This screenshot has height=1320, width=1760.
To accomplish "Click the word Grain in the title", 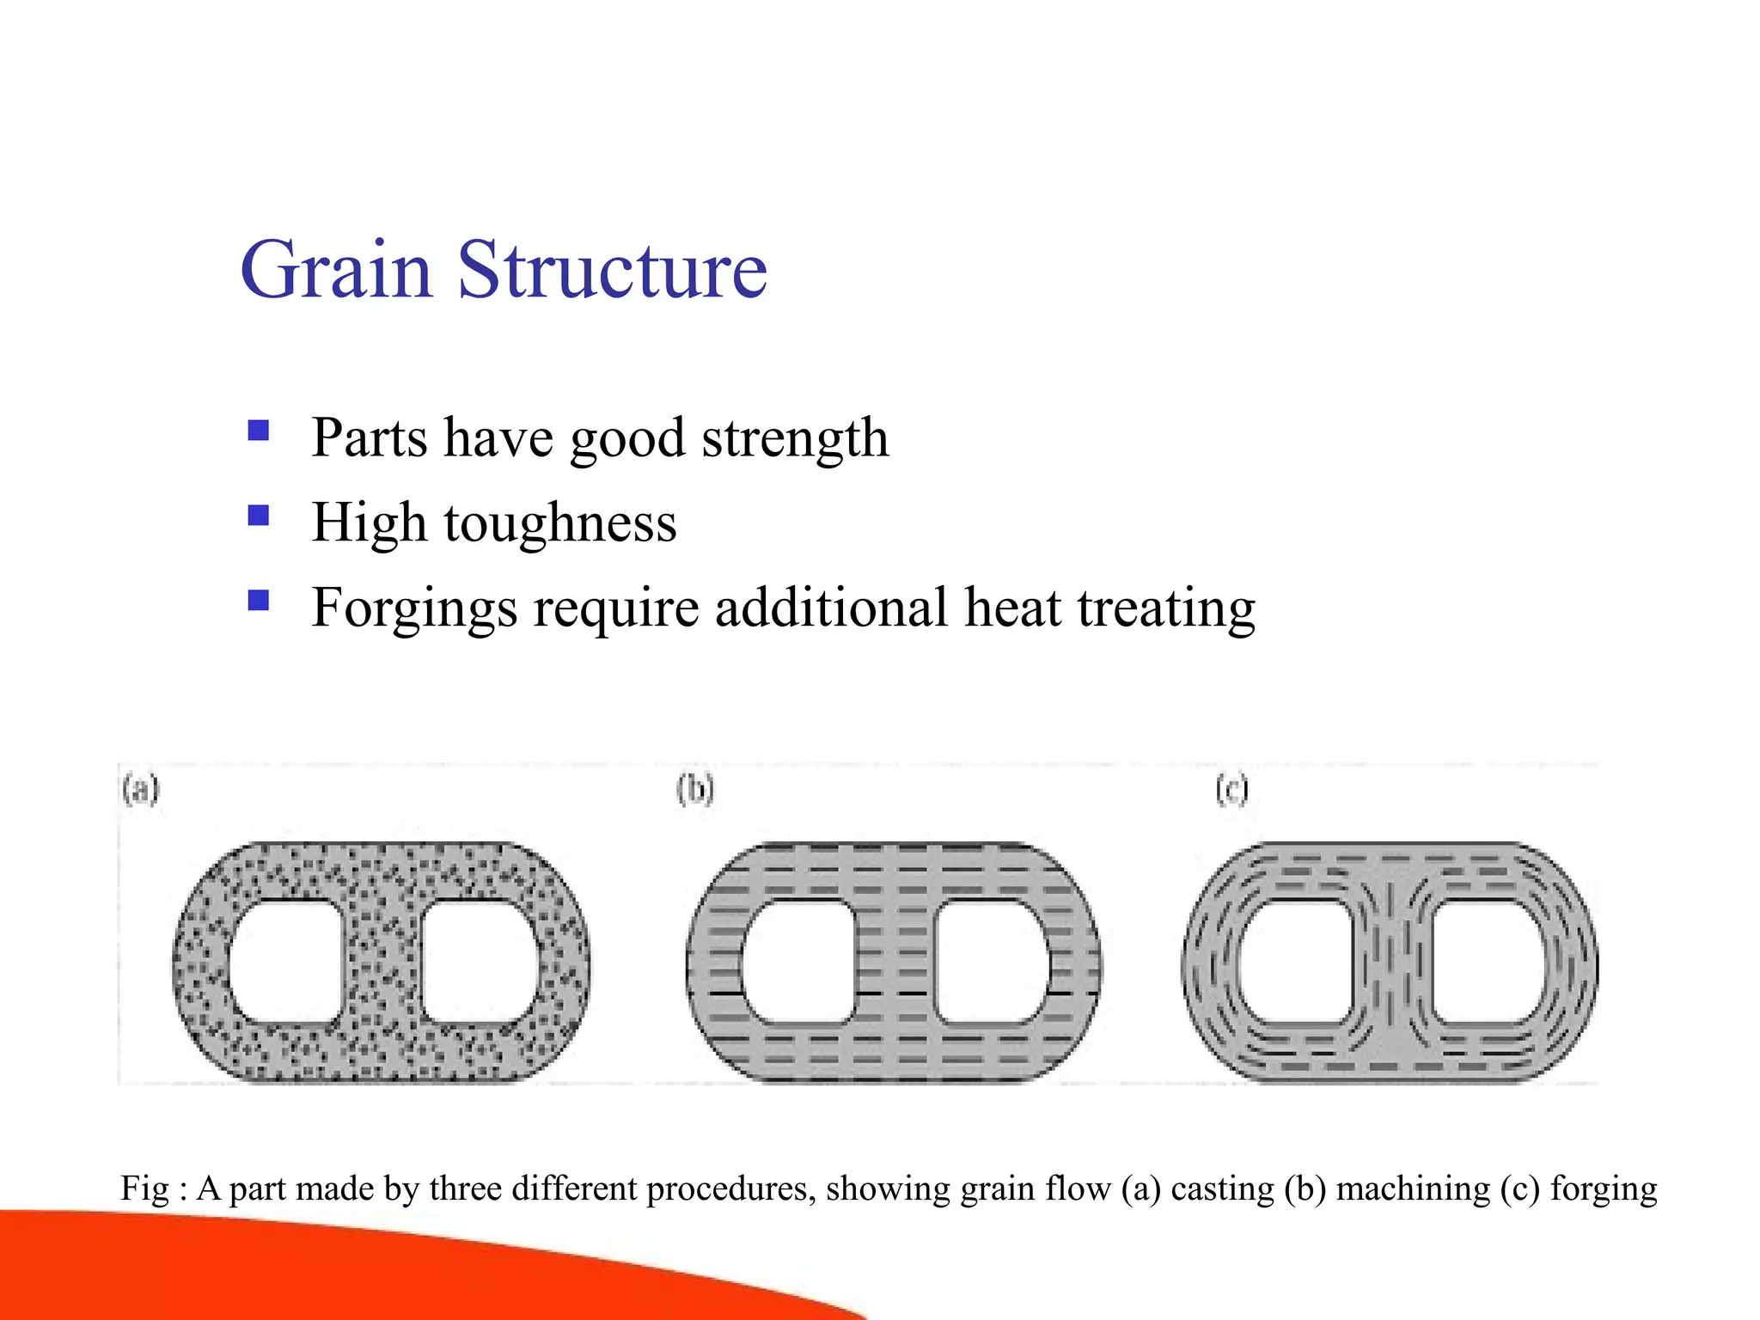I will (336, 270).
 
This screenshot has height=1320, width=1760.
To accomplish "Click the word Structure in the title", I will (612, 270).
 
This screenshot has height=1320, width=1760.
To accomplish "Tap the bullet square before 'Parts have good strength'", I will (259, 430).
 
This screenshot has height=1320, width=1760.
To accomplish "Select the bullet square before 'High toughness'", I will (259, 515).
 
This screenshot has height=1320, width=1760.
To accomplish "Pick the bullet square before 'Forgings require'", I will (259, 599).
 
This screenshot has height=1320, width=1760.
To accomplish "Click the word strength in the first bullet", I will (795, 438).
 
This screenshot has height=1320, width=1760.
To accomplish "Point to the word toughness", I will (560, 522).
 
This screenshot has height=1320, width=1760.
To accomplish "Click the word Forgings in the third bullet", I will (414, 608).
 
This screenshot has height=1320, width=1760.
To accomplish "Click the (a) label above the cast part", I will (141, 789).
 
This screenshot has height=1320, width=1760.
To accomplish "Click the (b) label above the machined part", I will (695, 789).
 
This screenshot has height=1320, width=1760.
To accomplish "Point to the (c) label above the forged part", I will (1231, 789).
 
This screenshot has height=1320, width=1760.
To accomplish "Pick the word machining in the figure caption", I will (1413, 1189).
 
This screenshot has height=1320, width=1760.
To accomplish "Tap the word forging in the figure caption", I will (1604, 1189).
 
